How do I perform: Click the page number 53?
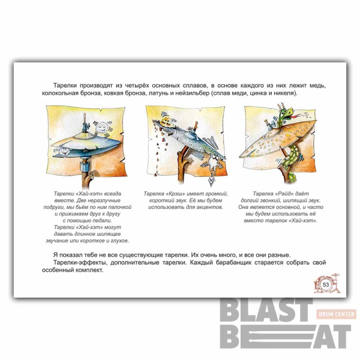tap(326, 284)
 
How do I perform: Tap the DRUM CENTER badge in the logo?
tap(337, 314)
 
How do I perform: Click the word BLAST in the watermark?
tap(266, 310)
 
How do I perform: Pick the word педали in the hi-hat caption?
tap(102, 221)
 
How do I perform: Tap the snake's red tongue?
tap(298, 116)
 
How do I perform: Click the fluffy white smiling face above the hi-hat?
tap(102, 128)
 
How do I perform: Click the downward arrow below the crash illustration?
tap(211, 181)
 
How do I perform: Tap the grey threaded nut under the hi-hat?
tap(85, 166)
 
